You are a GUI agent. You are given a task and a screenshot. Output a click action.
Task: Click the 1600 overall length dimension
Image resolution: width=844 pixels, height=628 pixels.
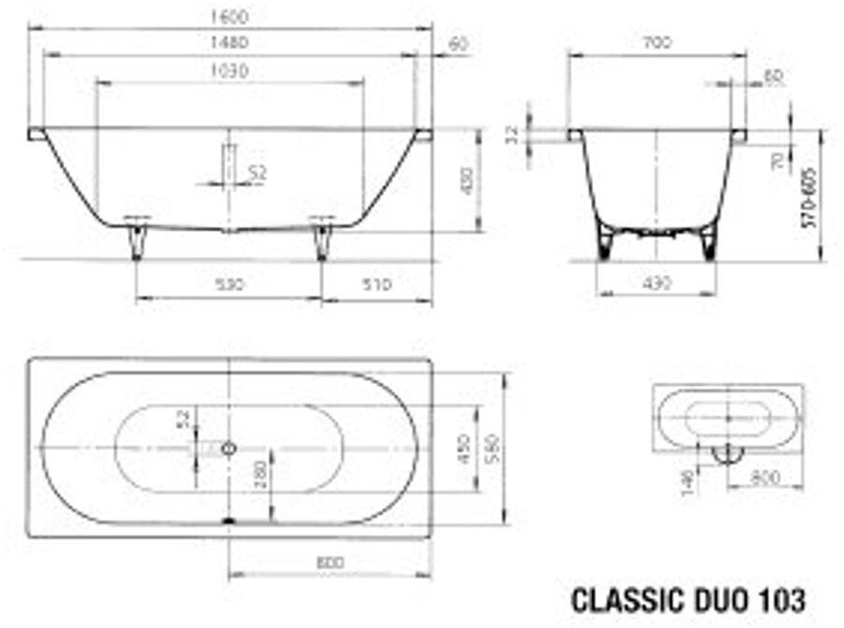pos(230,16)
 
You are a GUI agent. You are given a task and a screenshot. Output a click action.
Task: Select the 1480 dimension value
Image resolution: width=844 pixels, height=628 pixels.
pos(230,43)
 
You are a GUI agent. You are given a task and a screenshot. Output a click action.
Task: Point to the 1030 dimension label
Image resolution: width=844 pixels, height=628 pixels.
pos(230,71)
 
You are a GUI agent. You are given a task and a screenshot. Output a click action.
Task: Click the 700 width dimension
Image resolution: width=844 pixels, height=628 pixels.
pos(657,43)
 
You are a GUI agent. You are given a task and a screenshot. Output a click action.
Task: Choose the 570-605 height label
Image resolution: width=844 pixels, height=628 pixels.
pos(809,198)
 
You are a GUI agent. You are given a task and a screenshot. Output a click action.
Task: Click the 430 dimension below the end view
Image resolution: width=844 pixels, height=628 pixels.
pos(657,283)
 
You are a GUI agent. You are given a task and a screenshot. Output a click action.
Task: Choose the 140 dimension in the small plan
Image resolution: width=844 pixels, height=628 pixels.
pos(688,480)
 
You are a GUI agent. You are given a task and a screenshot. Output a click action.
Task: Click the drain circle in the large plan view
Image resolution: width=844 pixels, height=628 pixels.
pos(229,448)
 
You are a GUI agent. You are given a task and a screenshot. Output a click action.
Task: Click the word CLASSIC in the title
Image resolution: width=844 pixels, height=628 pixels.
pos(622,598)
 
